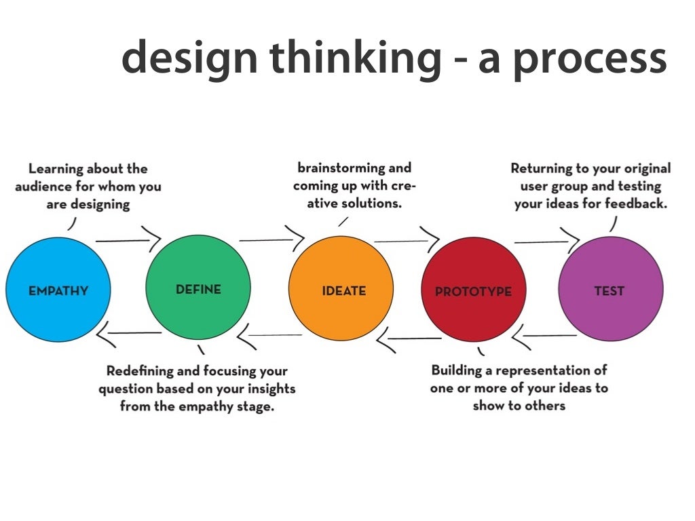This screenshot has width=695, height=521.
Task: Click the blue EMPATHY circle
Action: pos(58,290)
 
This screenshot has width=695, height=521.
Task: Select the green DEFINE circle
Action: pos(198,288)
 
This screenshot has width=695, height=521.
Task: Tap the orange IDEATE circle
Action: pos(341,289)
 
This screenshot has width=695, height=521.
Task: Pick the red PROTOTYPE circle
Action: pos(473,290)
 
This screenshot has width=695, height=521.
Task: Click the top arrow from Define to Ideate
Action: pos(271,239)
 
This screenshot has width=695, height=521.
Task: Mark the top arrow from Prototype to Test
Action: pos(546,241)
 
